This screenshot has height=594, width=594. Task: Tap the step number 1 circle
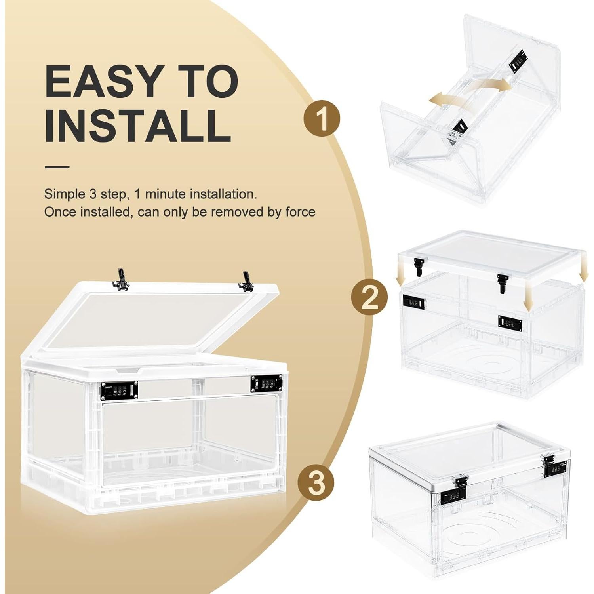(322, 118)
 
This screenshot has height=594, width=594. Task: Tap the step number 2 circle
(369, 298)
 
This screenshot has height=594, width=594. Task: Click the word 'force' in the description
(300, 212)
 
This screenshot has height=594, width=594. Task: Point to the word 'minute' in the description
(166, 194)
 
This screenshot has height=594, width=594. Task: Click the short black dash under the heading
(57, 167)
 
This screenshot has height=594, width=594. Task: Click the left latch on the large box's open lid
(121, 280)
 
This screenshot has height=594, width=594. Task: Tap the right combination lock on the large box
(267, 384)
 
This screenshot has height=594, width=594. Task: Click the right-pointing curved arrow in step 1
(495, 84)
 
